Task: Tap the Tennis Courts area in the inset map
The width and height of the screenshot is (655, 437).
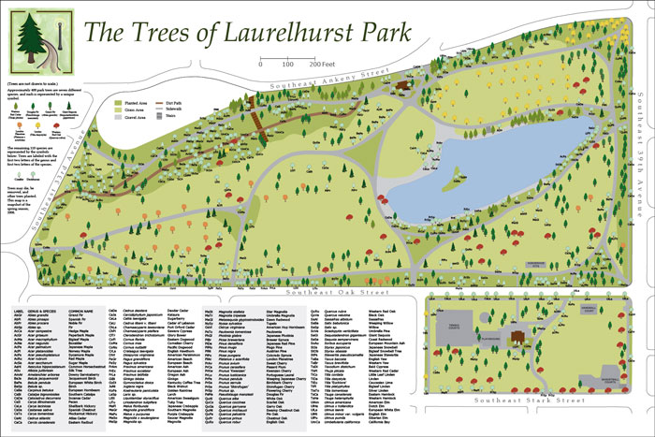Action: [454, 327]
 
